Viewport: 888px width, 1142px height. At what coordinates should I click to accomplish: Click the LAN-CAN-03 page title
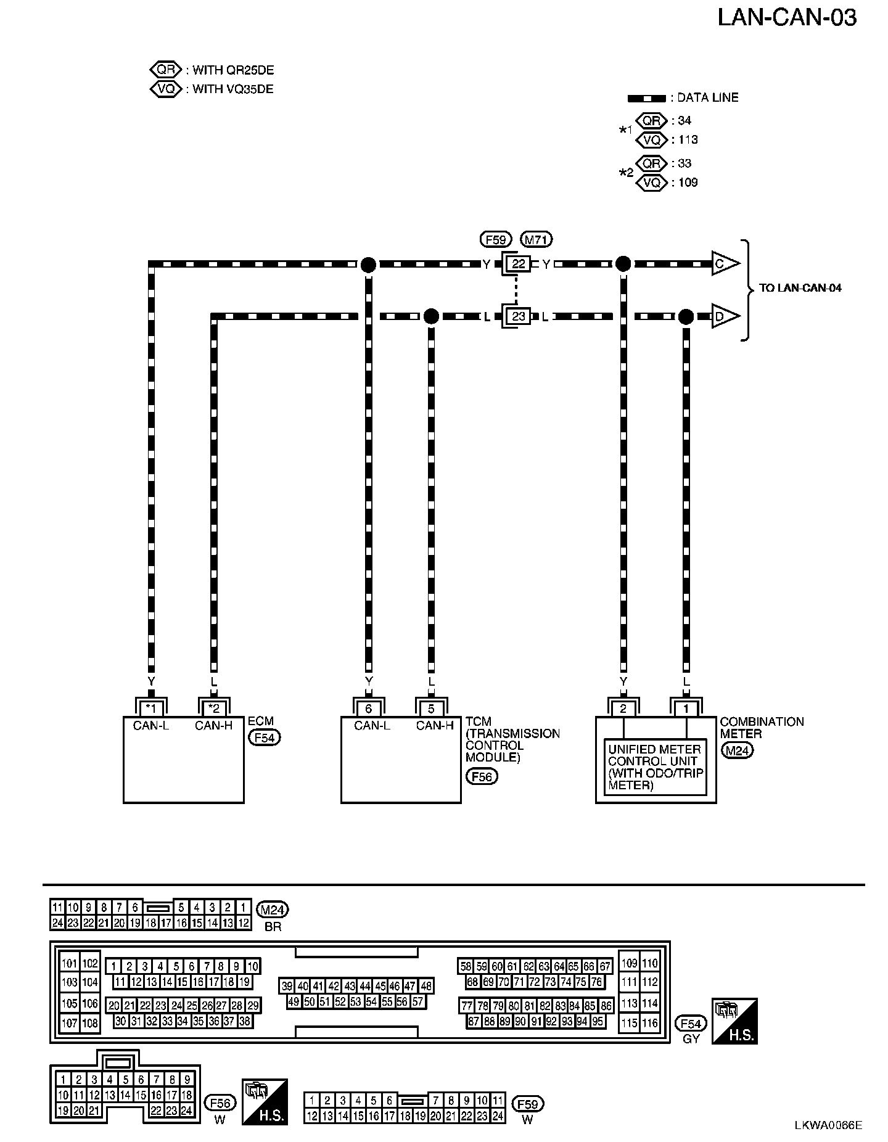coord(787,18)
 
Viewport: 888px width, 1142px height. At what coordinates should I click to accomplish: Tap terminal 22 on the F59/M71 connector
coord(519,265)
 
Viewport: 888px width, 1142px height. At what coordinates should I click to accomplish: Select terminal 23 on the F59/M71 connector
coord(519,317)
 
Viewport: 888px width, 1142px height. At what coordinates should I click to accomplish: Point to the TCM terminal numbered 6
coord(369,709)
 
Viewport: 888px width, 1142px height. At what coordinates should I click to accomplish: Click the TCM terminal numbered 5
coord(431,709)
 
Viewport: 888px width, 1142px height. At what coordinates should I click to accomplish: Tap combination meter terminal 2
coord(623,709)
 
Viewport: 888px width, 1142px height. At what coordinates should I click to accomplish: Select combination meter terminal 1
coord(686,709)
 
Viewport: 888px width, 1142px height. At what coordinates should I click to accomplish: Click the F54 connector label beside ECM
coord(264,737)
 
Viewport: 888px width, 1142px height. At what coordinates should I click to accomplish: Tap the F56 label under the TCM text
coord(481,776)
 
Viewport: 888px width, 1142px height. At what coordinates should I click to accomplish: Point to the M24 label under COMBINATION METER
coord(737,750)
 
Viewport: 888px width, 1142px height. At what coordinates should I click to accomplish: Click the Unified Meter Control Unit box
coord(656,767)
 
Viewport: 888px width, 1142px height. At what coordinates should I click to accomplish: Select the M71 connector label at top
coord(536,239)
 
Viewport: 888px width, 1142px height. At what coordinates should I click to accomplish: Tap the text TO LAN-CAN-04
coord(800,288)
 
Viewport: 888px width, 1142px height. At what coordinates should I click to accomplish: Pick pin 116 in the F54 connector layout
coord(649,1023)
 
